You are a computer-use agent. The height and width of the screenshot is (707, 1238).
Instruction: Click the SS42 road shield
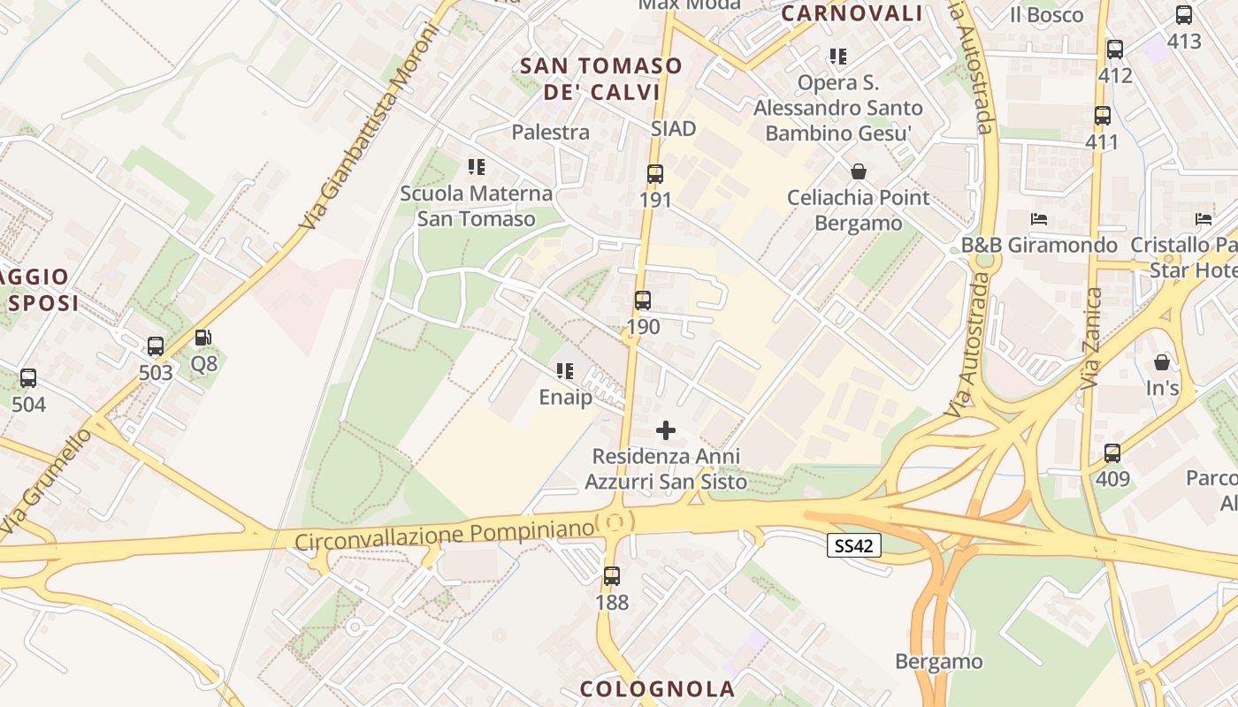pyautogui.click(x=854, y=545)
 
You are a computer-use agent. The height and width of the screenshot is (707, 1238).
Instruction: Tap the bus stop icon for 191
pyautogui.click(x=655, y=174)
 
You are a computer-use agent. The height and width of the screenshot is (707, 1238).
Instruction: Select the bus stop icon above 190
pyautogui.click(x=643, y=300)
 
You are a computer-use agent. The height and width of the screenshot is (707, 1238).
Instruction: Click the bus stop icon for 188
pyautogui.click(x=612, y=576)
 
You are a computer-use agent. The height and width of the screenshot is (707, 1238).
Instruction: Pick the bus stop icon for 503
pyautogui.click(x=156, y=346)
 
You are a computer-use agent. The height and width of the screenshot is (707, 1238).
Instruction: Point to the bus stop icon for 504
pyautogui.click(x=28, y=378)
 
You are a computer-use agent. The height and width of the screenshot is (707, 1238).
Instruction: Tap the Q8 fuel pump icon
pyautogui.click(x=203, y=338)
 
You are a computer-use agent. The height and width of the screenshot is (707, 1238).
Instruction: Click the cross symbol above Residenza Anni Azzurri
pyautogui.click(x=666, y=430)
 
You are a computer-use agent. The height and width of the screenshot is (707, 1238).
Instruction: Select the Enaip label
pyautogui.click(x=566, y=398)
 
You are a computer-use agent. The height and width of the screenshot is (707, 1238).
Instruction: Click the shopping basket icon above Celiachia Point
pyautogui.click(x=858, y=171)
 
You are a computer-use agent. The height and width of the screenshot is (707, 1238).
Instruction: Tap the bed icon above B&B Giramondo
pyautogui.click(x=1039, y=219)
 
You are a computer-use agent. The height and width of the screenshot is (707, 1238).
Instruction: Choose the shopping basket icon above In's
pyautogui.click(x=1162, y=362)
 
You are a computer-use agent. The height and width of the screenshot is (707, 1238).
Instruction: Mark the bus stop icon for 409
pyautogui.click(x=1112, y=453)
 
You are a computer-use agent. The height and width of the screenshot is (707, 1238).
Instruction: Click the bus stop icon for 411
pyautogui.click(x=1102, y=116)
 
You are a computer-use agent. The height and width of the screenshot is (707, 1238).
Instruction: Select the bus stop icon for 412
pyautogui.click(x=1115, y=49)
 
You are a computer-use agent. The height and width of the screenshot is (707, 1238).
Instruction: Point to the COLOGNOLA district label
pyautogui.click(x=657, y=688)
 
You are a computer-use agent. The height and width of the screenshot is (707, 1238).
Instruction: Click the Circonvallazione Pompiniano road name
pyautogui.click(x=443, y=534)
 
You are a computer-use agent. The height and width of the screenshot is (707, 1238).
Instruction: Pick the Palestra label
pyautogui.click(x=550, y=133)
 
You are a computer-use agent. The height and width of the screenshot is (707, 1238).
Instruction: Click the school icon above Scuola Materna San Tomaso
pyautogui.click(x=477, y=167)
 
